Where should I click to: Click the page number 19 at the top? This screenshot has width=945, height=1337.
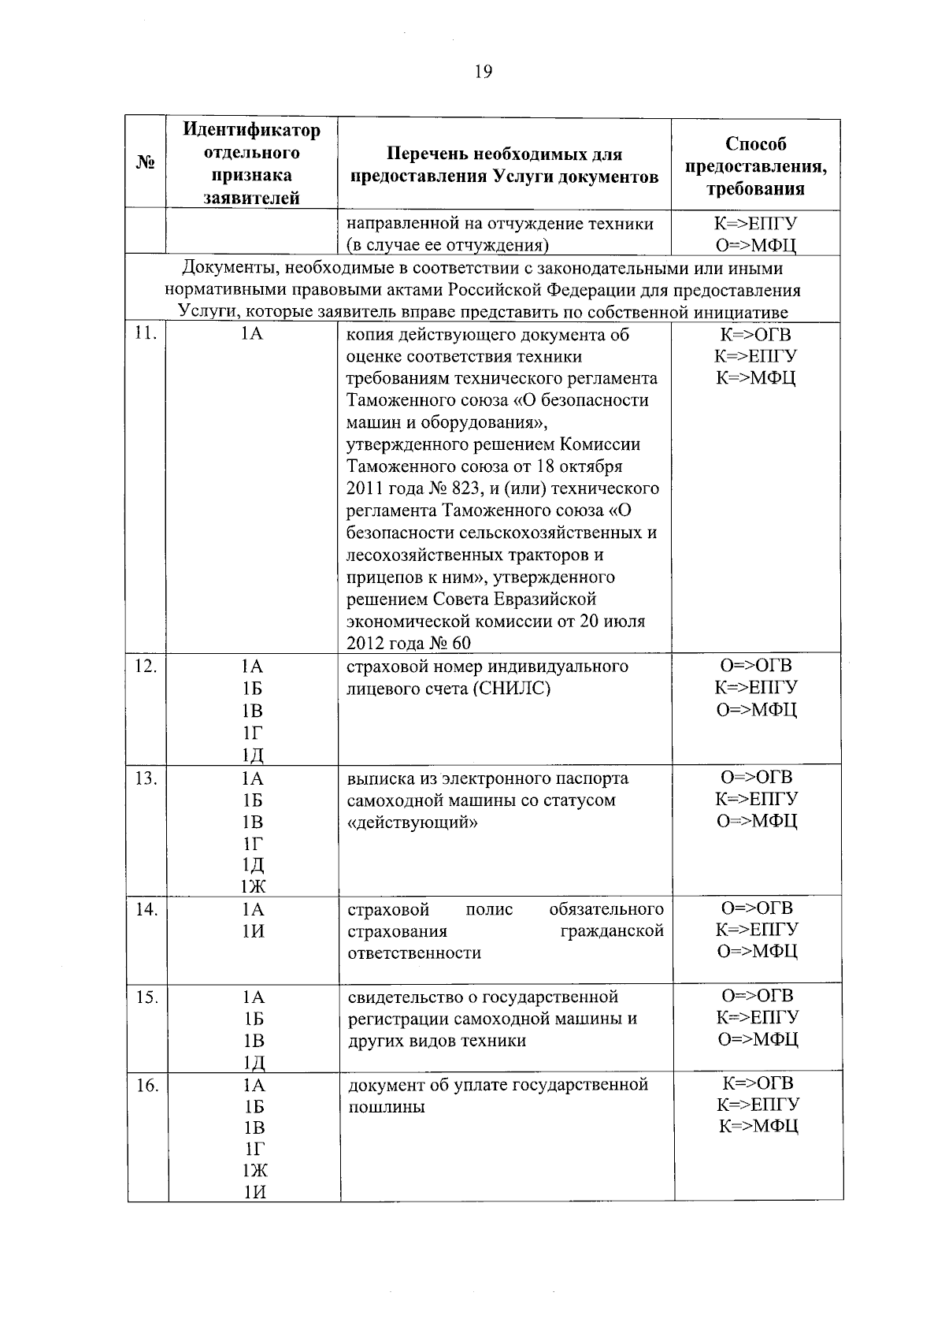[484, 72]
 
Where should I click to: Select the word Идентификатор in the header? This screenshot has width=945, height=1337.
[252, 129]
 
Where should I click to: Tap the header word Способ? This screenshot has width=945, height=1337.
[756, 144]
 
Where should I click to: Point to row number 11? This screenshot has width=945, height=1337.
[146, 333]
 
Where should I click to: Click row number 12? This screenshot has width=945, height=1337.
[146, 666]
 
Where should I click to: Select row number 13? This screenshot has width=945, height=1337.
[146, 778]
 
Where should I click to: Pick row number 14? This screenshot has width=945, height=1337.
[146, 909]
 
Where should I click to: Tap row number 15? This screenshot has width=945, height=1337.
[146, 997]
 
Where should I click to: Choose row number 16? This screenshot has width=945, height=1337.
[146, 1085]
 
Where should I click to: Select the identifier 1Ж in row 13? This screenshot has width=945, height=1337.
[253, 887]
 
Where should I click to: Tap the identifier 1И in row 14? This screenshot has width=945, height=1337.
[253, 931]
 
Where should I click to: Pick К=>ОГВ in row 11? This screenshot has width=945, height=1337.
[755, 334]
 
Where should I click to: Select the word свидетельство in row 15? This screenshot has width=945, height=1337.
[402, 997]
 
